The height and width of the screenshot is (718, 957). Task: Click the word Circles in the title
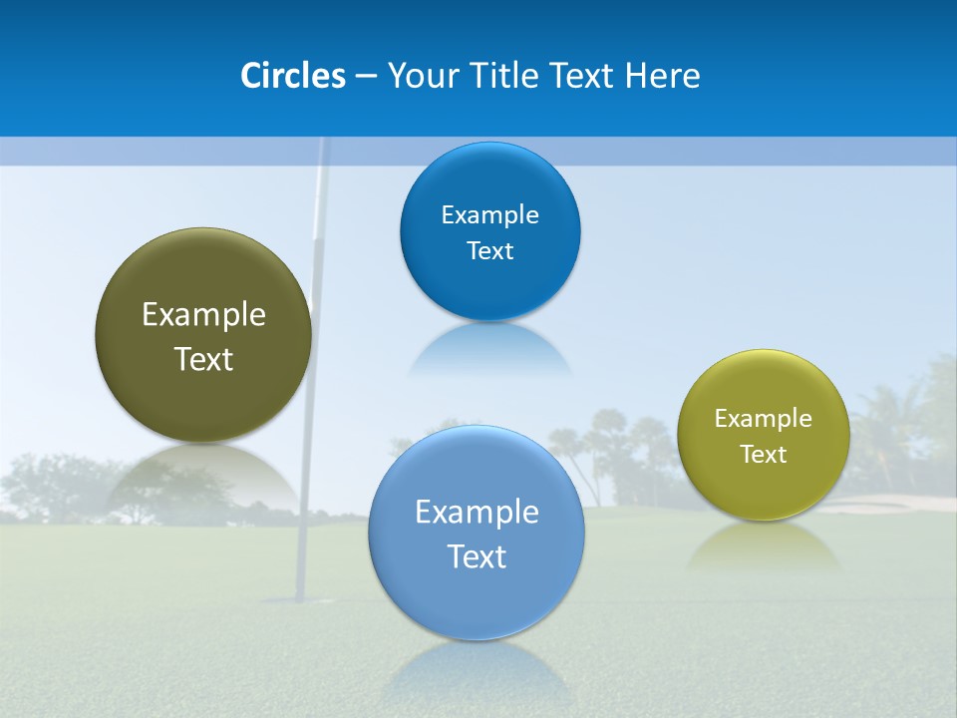293,76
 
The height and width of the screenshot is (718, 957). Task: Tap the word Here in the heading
662,76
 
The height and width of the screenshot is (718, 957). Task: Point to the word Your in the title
417,76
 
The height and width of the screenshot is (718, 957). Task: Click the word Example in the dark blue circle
490,215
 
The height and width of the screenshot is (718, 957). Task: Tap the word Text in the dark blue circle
490,251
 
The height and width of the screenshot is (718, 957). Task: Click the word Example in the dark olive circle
203,315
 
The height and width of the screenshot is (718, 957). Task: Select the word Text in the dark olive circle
203,359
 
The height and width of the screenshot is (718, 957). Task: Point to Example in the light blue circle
477,513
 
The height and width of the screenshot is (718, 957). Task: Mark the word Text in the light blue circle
477,556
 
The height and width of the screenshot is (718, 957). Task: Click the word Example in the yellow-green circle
764,419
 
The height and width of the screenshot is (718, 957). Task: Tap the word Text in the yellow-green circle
764,455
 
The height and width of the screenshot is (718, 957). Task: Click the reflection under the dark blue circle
490,349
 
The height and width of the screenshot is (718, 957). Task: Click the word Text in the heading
581,76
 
